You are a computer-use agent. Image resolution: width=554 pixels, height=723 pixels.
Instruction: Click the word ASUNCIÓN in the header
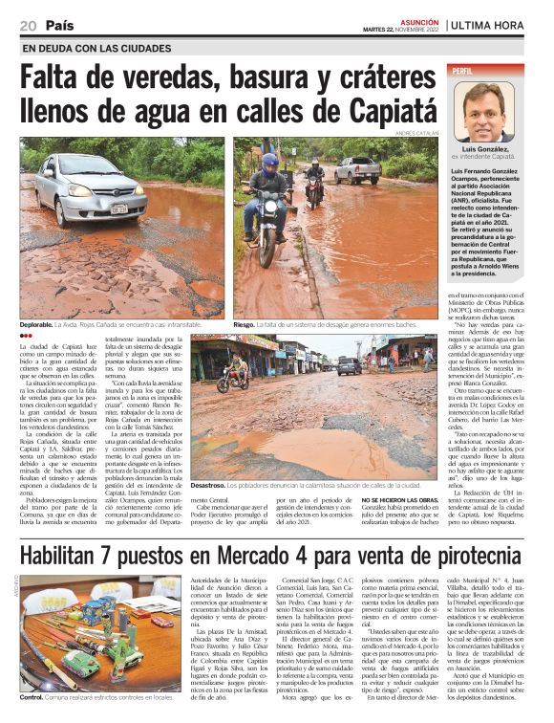pyautogui.click(x=418, y=19)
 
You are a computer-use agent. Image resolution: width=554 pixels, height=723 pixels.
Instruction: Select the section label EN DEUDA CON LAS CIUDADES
pyautogui.click(x=96, y=48)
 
